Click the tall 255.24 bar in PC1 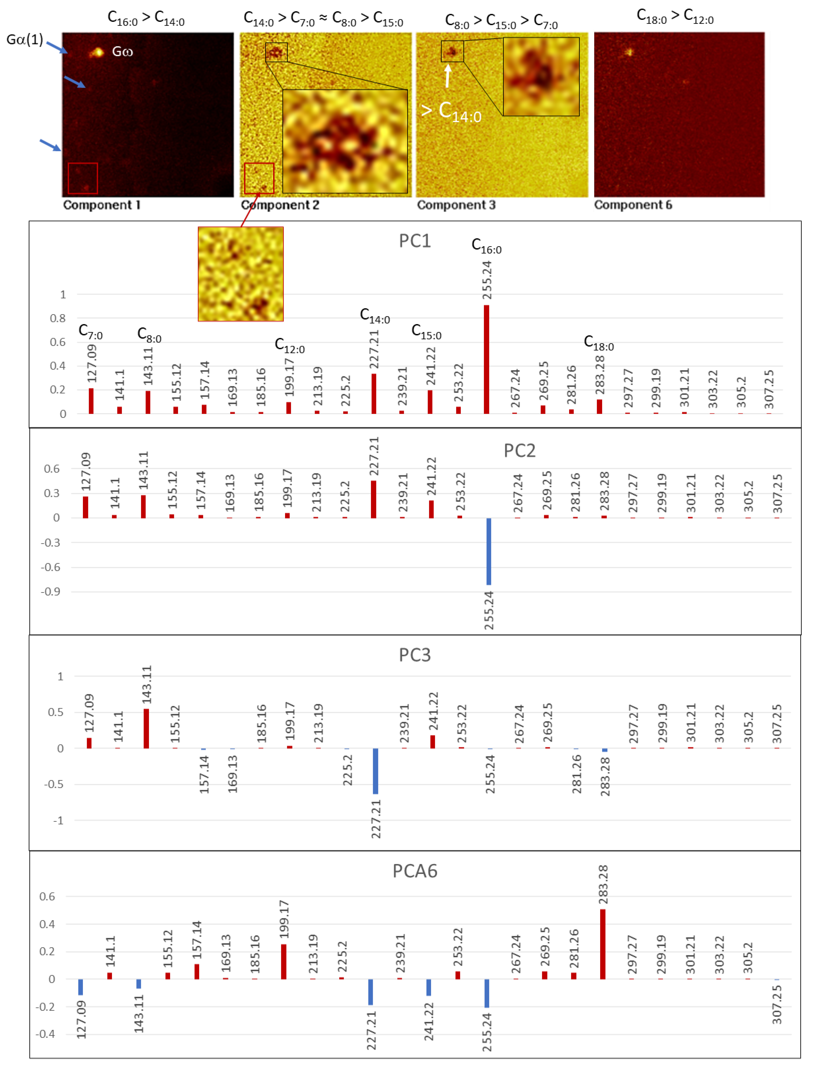(486, 359)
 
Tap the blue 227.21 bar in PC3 (376, 770)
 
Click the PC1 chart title (415, 241)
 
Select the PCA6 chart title (415, 871)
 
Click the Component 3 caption (456, 205)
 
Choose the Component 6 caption (633, 205)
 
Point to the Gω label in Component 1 (122, 51)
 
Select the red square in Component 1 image (83, 178)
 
